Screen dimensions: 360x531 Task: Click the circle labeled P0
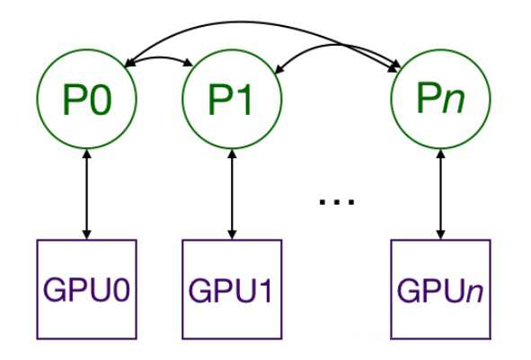86,100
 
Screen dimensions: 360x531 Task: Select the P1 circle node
232,100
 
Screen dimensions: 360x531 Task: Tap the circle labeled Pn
439,100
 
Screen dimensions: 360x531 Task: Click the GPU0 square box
86,289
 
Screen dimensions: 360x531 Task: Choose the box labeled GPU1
232,289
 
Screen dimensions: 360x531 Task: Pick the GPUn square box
439,289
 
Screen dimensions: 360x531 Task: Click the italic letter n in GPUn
472,292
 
